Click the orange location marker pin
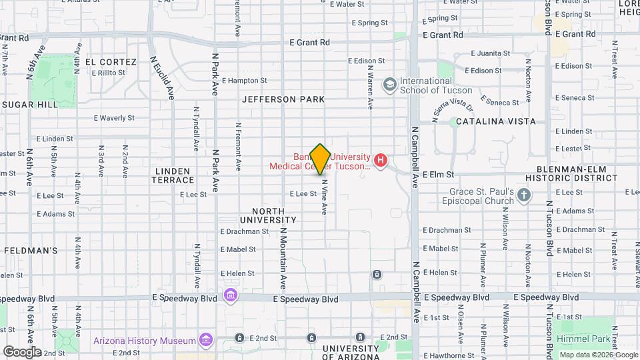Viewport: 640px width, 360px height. [x=320, y=159]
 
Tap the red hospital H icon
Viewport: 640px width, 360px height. [x=381, y=160]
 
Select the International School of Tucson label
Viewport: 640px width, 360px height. [x=435, y=85]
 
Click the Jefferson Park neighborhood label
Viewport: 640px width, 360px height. [x=283, y=99]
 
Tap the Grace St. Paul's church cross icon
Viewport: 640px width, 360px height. [x=524, y=195]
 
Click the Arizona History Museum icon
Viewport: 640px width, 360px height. [x=205, y=341]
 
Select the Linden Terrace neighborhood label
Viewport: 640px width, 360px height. [x=173, y=175]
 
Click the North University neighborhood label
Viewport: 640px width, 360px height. [x=268, y=215]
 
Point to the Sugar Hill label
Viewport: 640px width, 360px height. [x=29, y=105]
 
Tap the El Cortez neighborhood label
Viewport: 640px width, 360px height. [x=110, y=62]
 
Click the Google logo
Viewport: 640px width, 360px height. [x=22, y=351]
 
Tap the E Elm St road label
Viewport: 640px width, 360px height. [x=439, y=174]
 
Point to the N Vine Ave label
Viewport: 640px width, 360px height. [x=325, y=197]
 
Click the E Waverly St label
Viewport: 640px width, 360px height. [x=114, y=118]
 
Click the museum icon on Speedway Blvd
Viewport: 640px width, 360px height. [x=230, y=295]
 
